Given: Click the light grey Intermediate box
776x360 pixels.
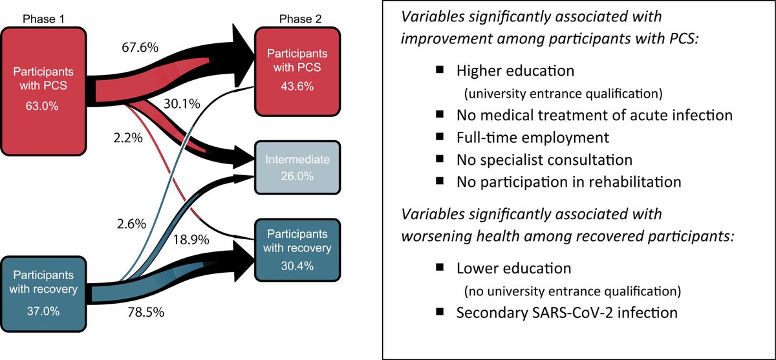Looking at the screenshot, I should point(297,167).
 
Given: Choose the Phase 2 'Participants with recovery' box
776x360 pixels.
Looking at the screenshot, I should point(297,249).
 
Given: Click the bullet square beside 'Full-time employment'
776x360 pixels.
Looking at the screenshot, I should point(440,136).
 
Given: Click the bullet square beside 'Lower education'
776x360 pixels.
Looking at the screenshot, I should point(440,266).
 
